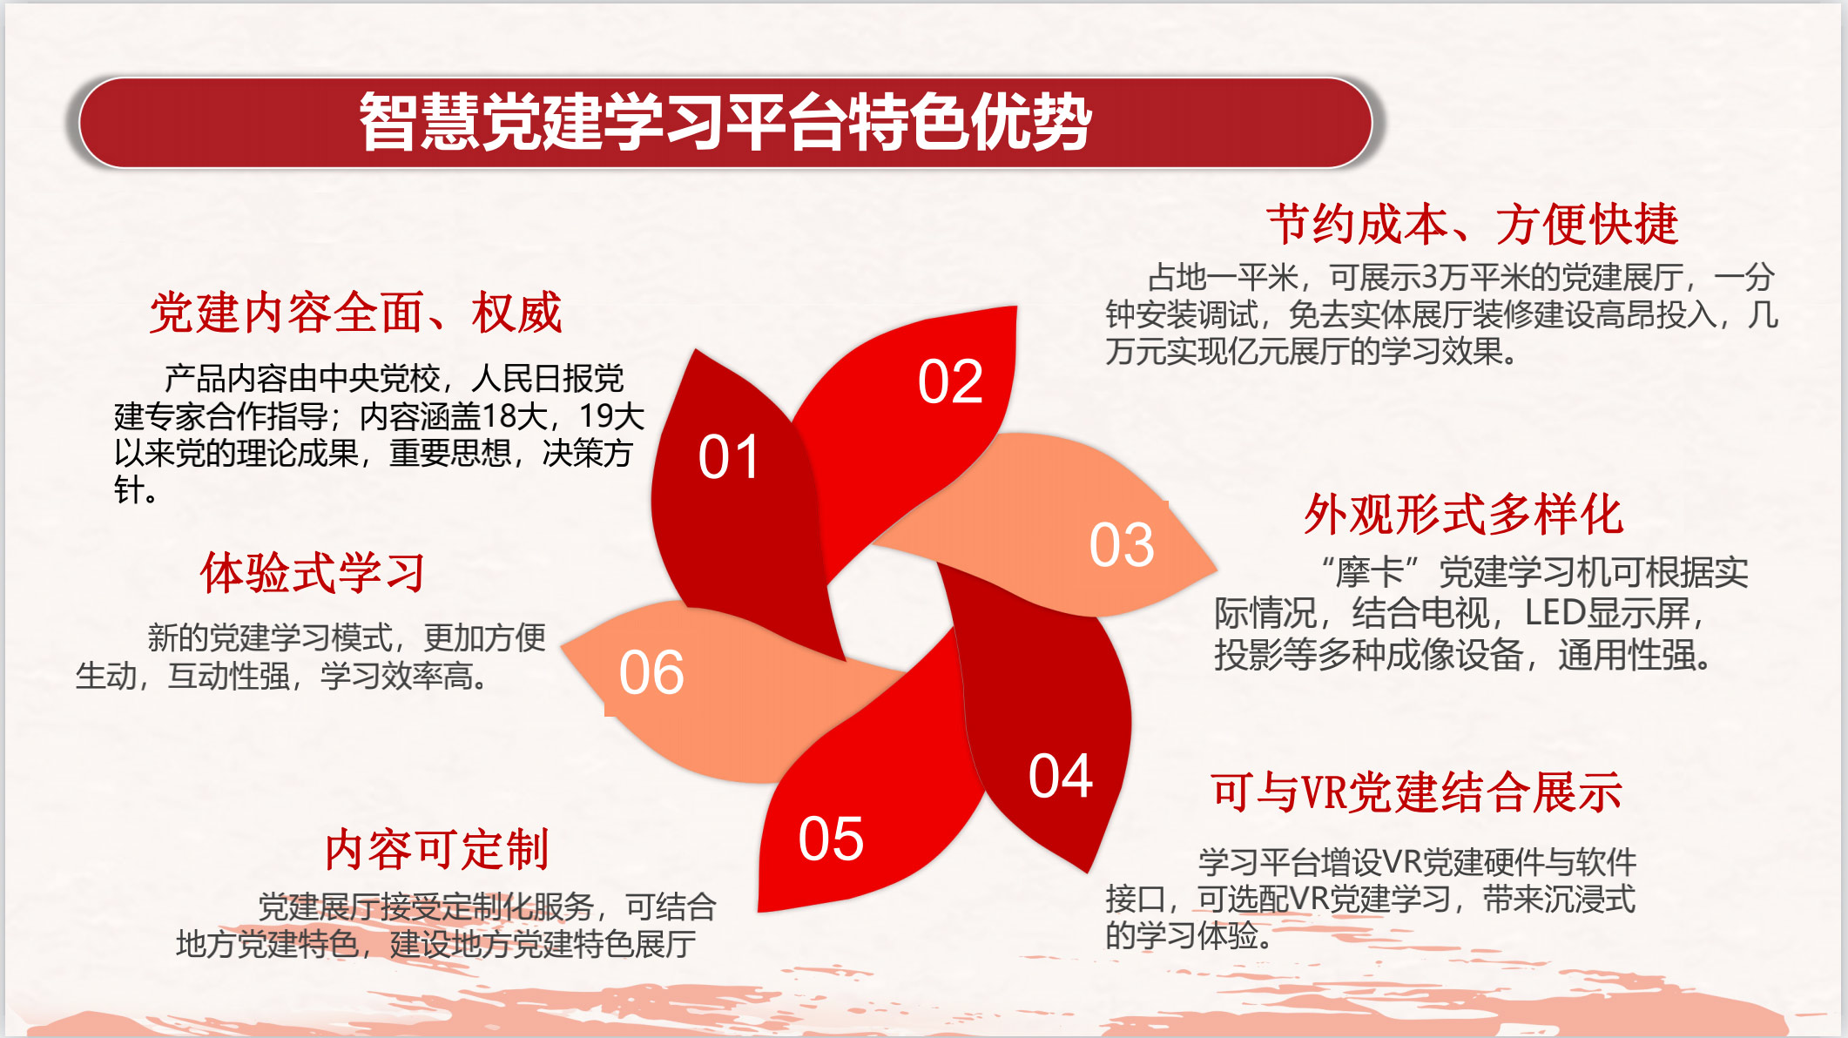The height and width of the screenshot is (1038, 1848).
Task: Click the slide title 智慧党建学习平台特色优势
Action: (725, 122)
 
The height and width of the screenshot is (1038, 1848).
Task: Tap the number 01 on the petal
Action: (729, 457)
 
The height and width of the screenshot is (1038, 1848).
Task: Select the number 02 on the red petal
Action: (950, 381)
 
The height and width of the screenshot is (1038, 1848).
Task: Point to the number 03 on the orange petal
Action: (1122, 545)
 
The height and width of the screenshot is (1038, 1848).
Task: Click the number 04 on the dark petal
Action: (1061, 776)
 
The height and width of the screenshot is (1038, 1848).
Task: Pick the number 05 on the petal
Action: (831, 839)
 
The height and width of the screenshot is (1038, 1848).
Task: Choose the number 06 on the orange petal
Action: (651, 673)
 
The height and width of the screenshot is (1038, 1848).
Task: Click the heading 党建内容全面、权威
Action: (355, 313)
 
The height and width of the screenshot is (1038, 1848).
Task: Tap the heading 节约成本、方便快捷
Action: (1472, 225)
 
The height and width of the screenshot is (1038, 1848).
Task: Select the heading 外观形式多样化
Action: (1463, 514)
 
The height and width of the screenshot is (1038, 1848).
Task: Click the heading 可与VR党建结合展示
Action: (1416, 792)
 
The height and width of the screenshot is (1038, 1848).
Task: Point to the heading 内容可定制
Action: (436, 850)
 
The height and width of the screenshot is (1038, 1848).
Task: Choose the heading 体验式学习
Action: (313, 573)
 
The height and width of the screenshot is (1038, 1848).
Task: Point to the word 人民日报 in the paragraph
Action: (532, 379)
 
